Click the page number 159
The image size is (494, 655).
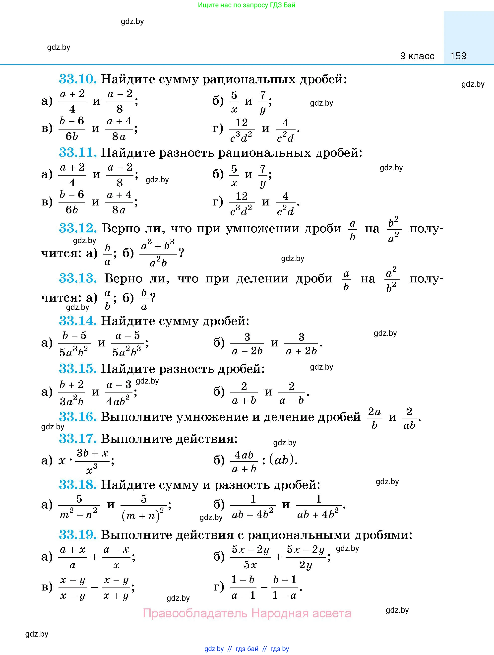pos(458,56)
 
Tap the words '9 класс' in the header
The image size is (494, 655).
pos(417,56)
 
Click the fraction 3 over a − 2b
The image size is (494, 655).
pos(247,344)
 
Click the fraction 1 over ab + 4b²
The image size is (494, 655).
pos(318,507)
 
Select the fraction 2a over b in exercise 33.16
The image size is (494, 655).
pos(374,418)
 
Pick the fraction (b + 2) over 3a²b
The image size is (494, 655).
pos(72,393)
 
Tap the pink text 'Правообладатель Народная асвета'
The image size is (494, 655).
pos(247,613)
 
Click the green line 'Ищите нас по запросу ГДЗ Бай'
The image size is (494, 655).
pos(247,5)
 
